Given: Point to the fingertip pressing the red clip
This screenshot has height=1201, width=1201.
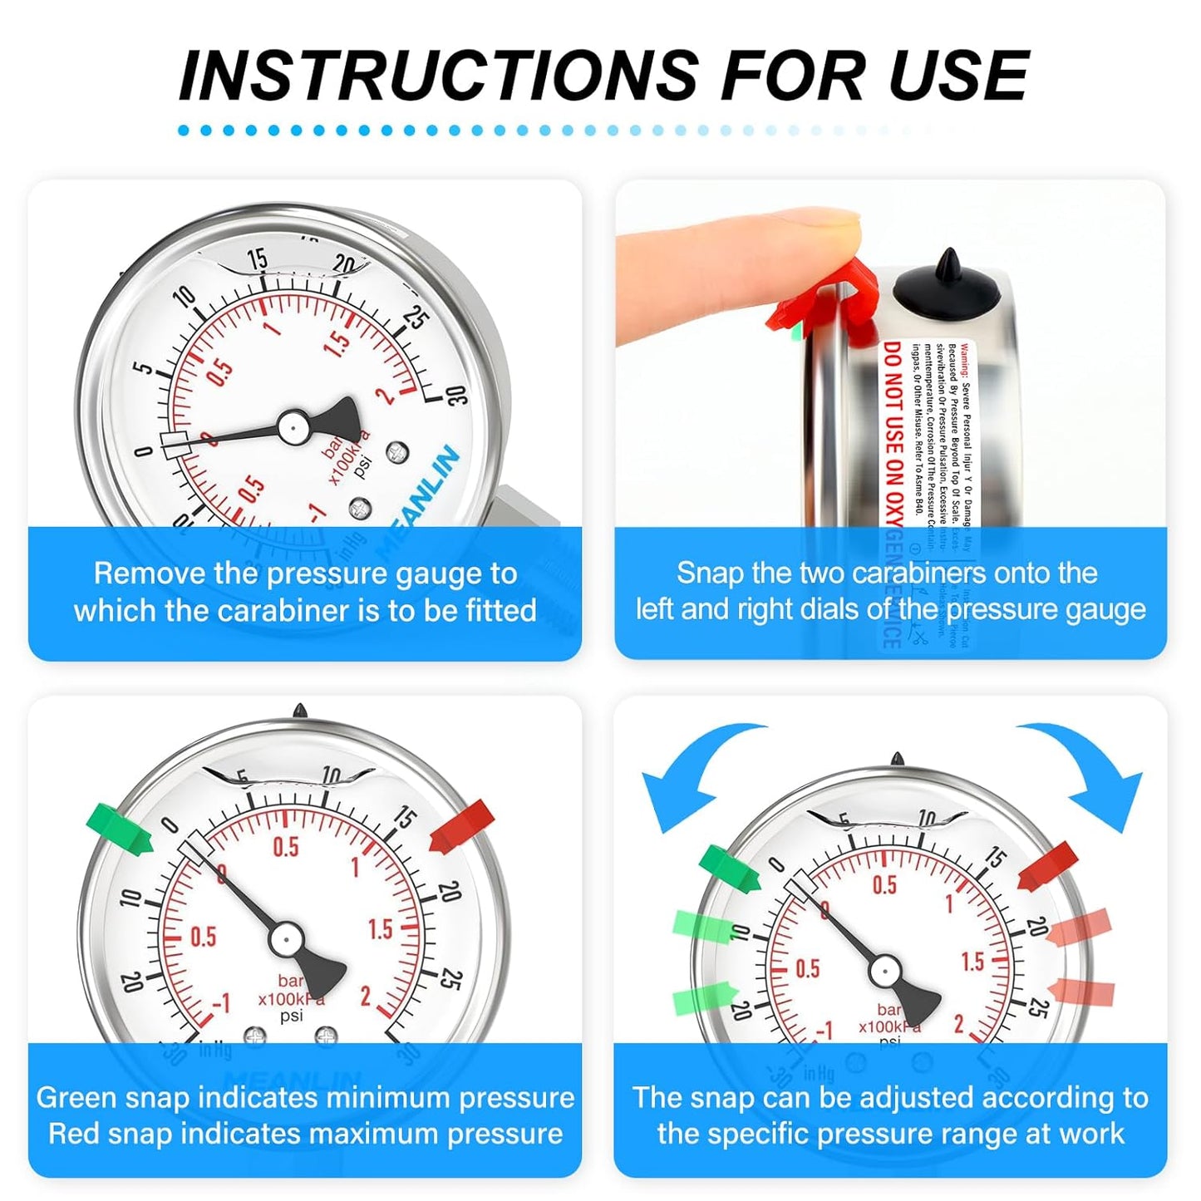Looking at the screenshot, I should tap(831, 229).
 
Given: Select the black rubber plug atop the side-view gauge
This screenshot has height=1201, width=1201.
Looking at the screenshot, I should tap(947, 287).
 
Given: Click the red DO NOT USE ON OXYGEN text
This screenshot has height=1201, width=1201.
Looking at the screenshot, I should tap(893, 432).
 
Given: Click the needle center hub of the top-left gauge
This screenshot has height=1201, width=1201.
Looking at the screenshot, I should tap(293, 427).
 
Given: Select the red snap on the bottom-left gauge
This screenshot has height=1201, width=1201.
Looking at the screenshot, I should tap(462, 826).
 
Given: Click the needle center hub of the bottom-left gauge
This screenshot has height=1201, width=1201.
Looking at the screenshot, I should tap(285, 939).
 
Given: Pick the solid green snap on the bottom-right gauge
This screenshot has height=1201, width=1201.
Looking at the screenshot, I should tap(729, 868).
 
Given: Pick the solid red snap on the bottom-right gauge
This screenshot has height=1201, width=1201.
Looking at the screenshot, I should tap(1048, 865).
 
